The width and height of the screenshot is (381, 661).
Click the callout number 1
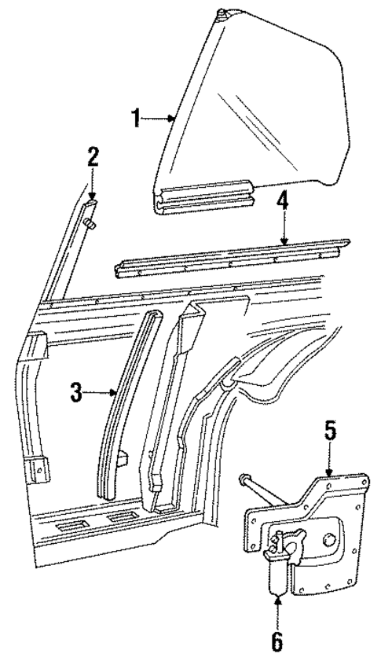(135, 118)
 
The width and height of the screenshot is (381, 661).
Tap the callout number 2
(93, 156)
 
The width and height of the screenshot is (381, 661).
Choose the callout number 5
(331, 431)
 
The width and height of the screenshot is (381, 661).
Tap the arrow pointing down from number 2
(92, 196)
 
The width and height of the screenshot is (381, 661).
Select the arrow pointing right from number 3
(116, 393)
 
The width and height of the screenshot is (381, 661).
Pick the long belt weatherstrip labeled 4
(236, 258)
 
